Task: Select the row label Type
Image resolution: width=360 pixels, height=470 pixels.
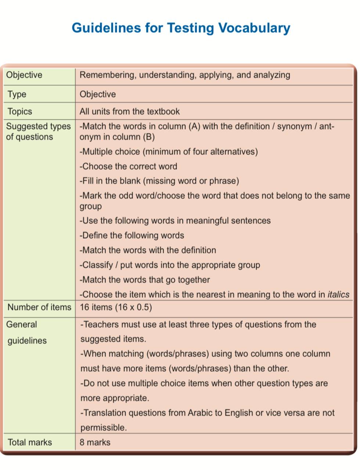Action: [x=17, y=94]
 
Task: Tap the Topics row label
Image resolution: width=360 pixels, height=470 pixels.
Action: [x=20, y=112]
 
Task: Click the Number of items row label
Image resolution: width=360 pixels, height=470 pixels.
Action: [x=39, y=307]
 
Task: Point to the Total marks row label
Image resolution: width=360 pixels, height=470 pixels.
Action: [x=30, y=442]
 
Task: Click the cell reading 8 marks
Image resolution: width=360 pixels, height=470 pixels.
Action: [x=95, y=442]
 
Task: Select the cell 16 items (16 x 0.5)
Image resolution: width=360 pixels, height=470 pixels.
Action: [x=116, y=307]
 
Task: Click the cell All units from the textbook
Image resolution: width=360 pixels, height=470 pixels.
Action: [x=130, y=112]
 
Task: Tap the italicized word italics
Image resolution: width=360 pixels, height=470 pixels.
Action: [x=338, y=295]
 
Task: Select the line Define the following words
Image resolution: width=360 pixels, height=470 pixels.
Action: [x=132, y=236]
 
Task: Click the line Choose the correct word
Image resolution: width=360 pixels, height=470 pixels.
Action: [x=128, y=167]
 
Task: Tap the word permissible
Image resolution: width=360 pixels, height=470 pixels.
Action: [x=103, y=428]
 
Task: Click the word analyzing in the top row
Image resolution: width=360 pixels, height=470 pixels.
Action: [x=272, y=75]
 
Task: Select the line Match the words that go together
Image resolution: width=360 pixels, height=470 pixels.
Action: [x=145, y=280]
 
